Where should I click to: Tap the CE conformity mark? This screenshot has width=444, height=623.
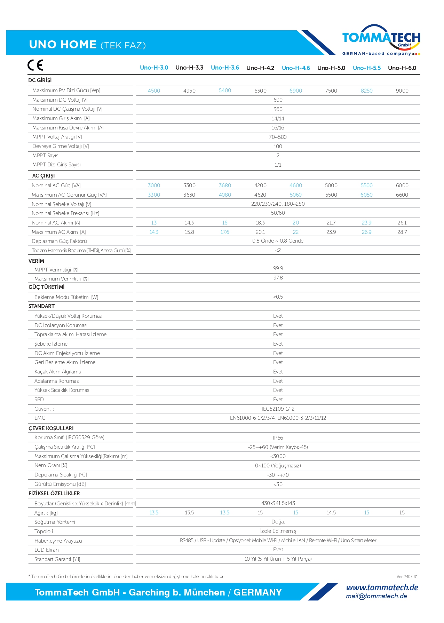tap(35, 65)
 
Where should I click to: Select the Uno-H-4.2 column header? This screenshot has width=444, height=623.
tap(260, 68)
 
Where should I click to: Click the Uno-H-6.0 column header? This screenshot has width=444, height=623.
tap(402, 68)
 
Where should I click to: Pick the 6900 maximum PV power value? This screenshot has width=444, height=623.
tap(296, 91)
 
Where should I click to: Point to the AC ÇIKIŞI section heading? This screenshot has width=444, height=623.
tap(43, 176)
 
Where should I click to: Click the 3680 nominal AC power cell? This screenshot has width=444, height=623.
tap(225, 186)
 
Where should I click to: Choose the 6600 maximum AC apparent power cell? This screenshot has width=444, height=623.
tap(402, 195)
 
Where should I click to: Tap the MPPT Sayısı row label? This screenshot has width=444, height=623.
tap(46, 156)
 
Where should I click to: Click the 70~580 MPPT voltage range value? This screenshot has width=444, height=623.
tap(278, 137)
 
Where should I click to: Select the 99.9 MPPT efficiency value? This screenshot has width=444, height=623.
tap(278, 268)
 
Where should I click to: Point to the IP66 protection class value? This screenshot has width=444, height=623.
tap(278, 438)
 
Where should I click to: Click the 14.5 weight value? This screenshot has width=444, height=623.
tap(331, 513)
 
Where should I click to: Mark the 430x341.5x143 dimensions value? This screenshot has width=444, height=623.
tap(278, 503)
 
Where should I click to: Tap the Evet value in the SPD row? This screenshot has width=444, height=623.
tap(278, 400)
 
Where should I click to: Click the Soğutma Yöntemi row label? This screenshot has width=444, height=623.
tap(55, 522)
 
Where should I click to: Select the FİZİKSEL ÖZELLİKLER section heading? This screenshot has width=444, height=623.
tap(54, 494)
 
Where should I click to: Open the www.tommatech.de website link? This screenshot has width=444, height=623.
tap(382, 587)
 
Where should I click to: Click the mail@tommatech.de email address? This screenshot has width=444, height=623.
tap(376, 596)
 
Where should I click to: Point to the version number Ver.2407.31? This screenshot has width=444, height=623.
tap(407, 577)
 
